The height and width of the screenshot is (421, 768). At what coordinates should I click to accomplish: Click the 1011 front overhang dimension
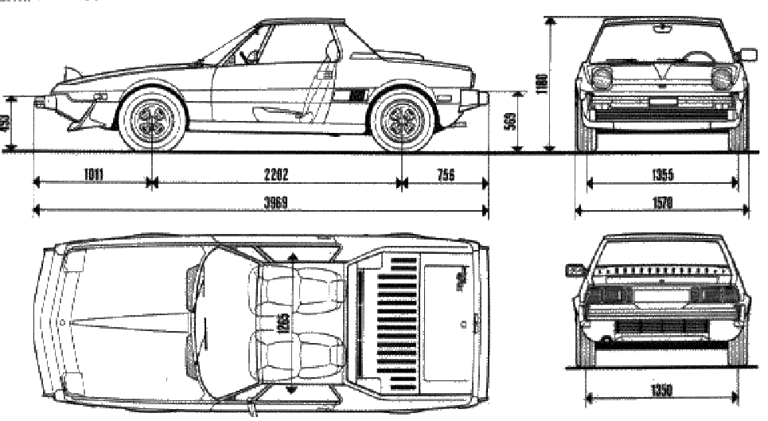[93, 174]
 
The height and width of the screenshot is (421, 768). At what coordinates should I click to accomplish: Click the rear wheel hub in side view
[400, 120]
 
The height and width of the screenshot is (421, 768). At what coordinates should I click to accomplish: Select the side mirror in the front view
[748, 54]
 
